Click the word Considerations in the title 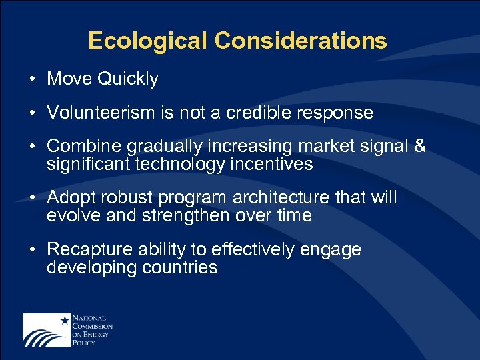point(301,41)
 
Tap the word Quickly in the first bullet point(128,79)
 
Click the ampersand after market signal point(419,146)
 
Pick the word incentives point(272,164)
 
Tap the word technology point(179,164)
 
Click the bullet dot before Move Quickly point(33,79)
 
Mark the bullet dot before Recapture point(33,250)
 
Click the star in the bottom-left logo point(65,321)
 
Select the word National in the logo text point(90,318)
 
